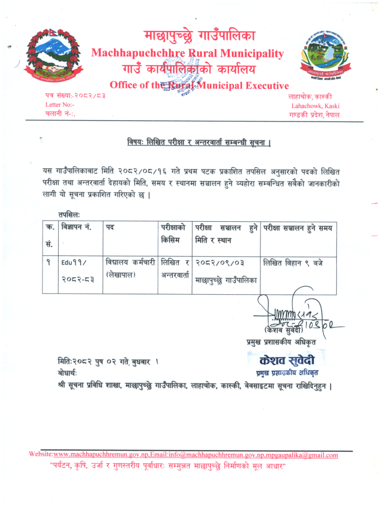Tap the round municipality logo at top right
(322, 58)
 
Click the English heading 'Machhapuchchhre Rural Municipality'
(187, 53)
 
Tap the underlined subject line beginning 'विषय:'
(199, 142)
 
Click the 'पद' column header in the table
(110, 227)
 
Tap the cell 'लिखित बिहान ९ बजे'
(293, 263)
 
